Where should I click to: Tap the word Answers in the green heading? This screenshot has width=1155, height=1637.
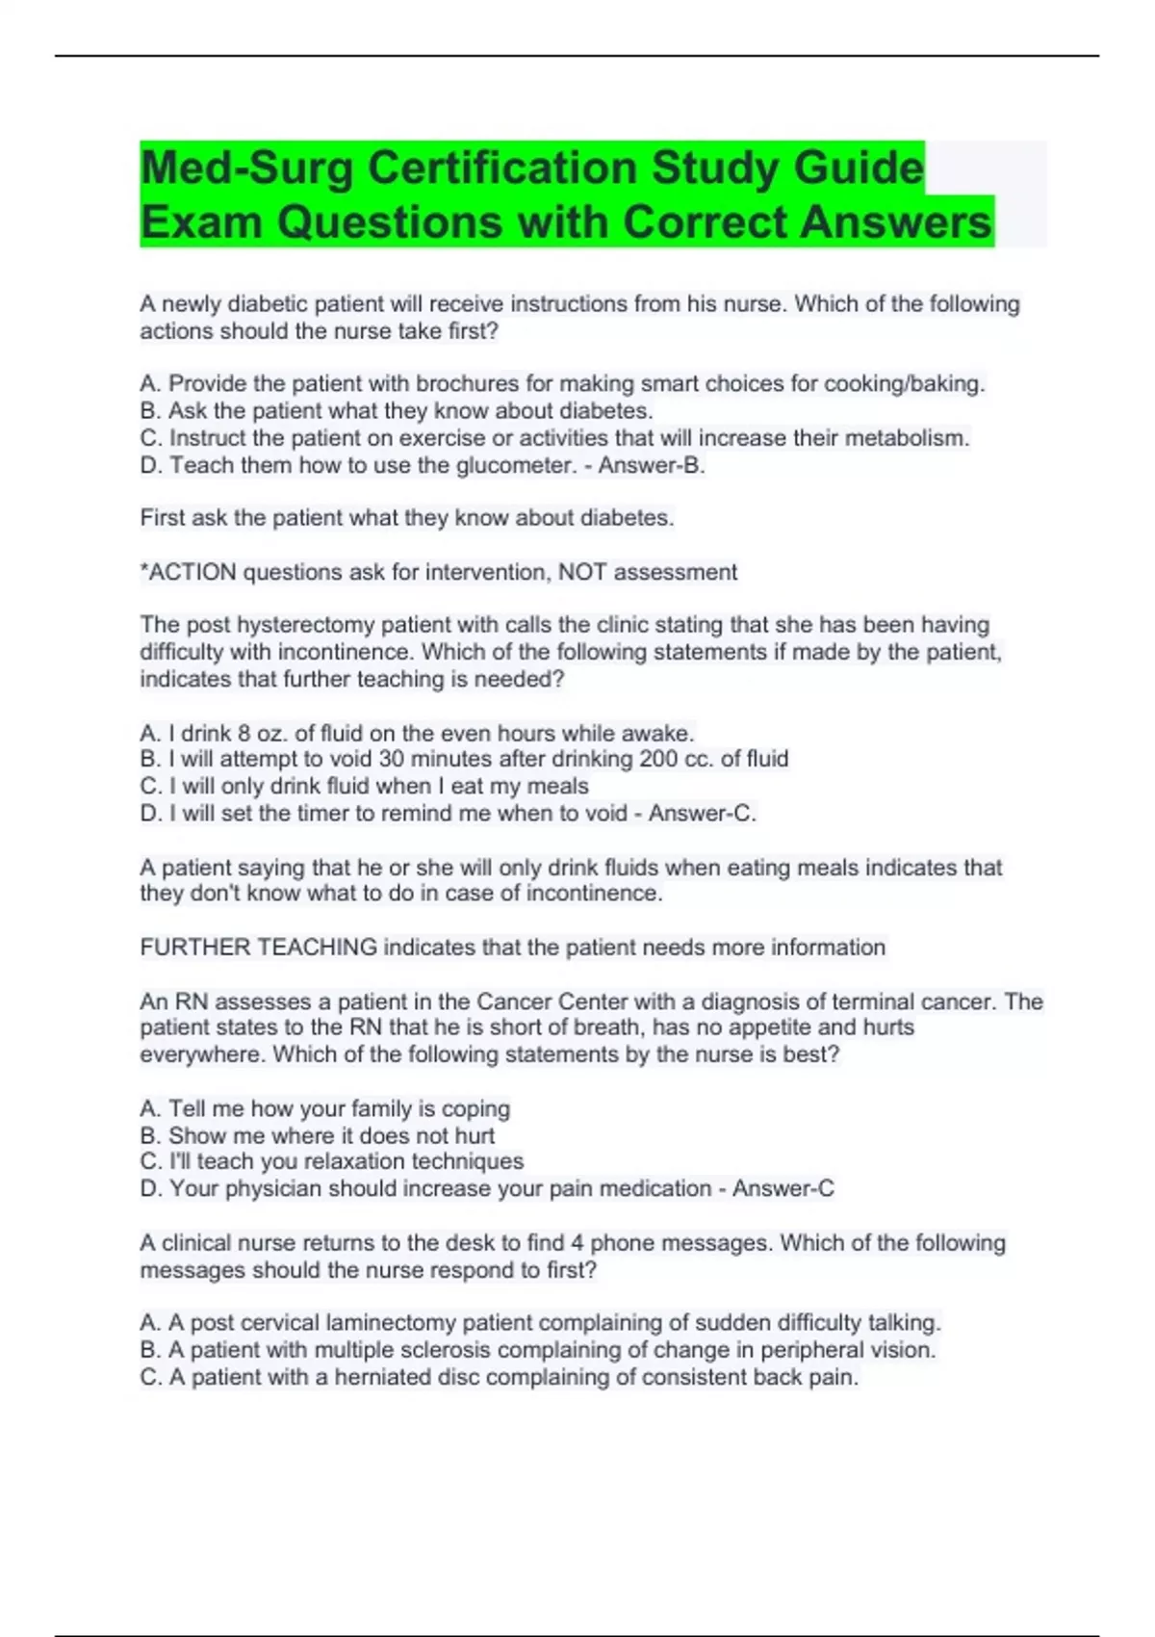tap(895, 221)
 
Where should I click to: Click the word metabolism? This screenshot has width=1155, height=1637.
tap(907, 438)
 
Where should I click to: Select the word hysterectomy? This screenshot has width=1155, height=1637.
tap(305, 625)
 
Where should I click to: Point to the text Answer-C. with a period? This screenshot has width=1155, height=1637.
tap(702, 814)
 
